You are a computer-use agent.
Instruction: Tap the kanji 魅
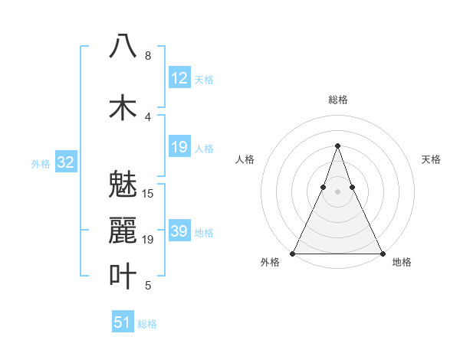pos(123,183)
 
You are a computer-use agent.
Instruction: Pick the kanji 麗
pos(123,230)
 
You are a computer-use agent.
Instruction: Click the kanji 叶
pos(123,277)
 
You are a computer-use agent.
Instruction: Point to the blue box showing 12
pos(179,78)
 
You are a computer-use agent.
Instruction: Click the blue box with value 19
pos(179,147)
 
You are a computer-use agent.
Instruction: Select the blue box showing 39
pos(179,232)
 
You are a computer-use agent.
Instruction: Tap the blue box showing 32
pos(65,162)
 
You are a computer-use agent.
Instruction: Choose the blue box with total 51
pos(123,322)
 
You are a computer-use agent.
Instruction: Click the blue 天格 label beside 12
pos(204,80)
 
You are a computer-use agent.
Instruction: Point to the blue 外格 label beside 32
pos(40,164)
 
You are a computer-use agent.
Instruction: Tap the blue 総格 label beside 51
pos(147,324)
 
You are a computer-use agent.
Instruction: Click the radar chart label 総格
pos(337,100)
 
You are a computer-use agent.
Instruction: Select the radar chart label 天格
pos(431,159)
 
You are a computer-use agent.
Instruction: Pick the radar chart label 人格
pos(245,159)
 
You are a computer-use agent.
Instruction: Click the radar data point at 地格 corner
pos(382,253)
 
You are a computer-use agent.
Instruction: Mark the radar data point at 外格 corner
pos(293,253)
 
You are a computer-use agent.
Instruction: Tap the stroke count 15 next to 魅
pos(149,193)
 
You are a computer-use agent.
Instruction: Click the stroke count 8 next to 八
pos(147,56)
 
